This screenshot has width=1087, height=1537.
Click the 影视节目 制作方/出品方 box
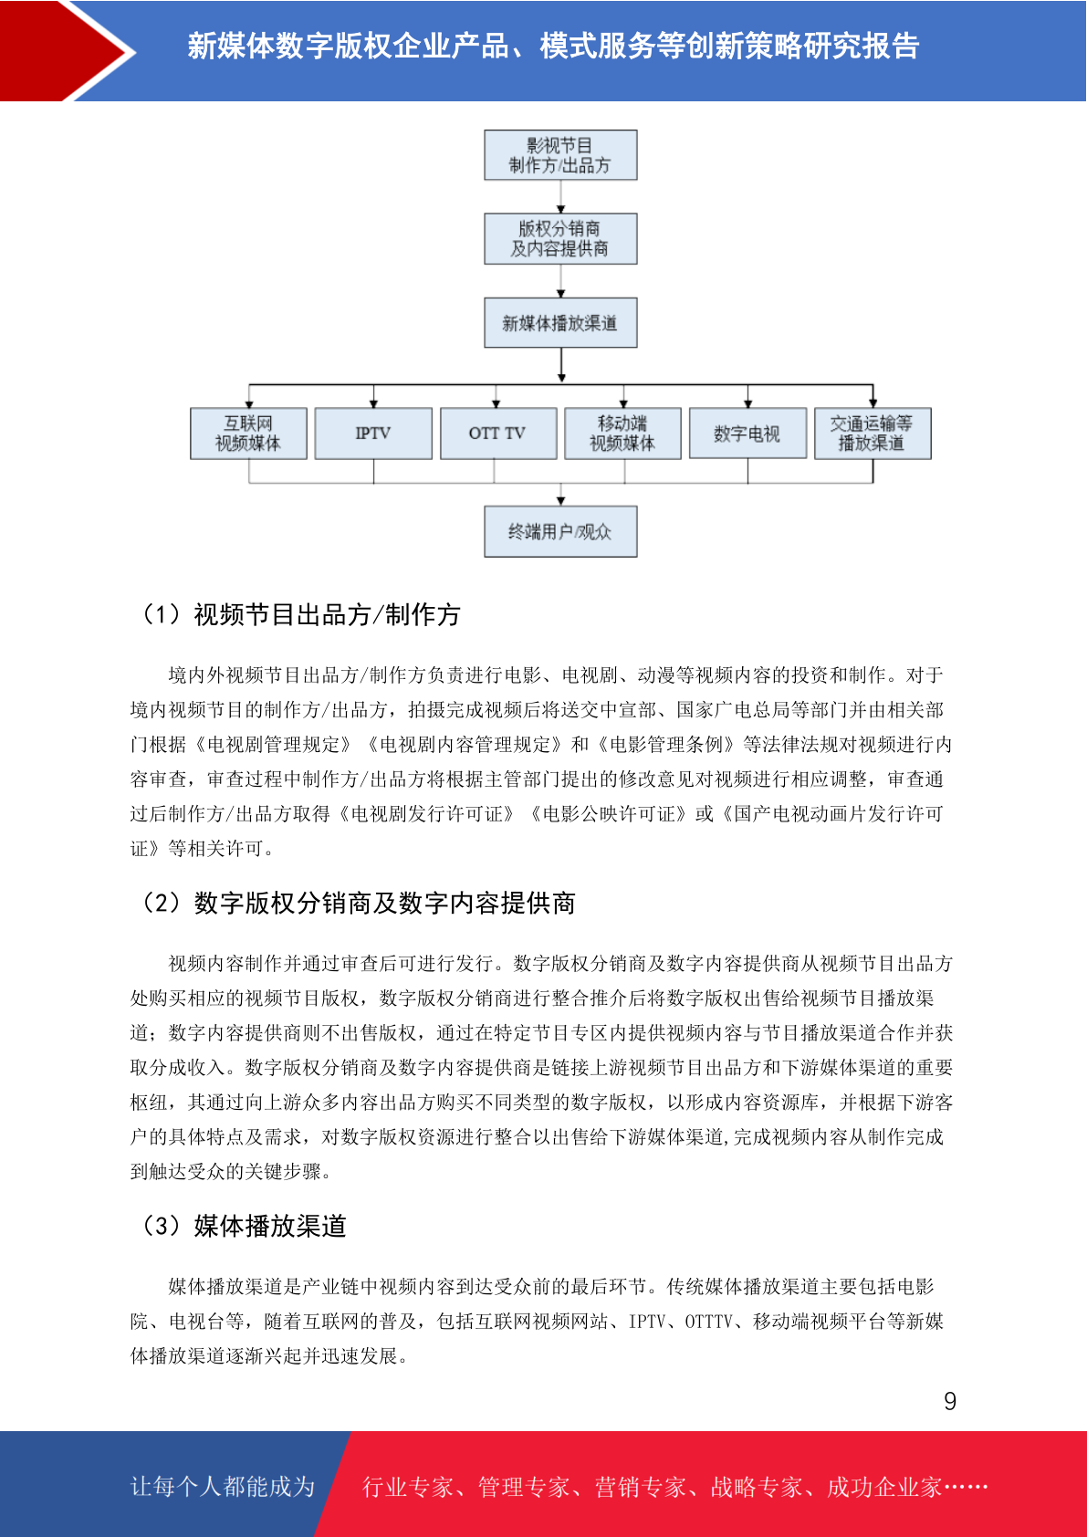click(560, 155)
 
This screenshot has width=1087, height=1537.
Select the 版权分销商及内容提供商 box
click(560, 239)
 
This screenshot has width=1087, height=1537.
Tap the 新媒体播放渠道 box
click(560, 322)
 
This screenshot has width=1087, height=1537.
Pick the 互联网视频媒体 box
click(248, 434)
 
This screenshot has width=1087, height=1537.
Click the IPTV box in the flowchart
click(373, 434)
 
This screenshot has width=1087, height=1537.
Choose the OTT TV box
click(498, 434)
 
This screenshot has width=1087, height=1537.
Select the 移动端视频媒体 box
click(623, 434)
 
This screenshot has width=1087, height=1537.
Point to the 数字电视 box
click(748, 434)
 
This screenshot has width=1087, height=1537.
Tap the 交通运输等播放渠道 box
click(873, 434)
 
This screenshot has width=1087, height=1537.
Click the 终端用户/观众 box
click(560, 531)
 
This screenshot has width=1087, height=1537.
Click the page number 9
click(950, 1400)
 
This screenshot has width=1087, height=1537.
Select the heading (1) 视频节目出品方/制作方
click(300, 615)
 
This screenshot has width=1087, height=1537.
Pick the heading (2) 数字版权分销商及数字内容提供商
click(357, 903)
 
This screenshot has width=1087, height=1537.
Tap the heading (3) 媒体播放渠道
click(243, 1226)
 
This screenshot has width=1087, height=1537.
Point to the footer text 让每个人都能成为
click(223, 1486)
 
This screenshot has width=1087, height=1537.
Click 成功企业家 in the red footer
click(883, 1486)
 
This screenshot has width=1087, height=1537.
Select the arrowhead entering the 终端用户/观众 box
click(560, 502)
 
